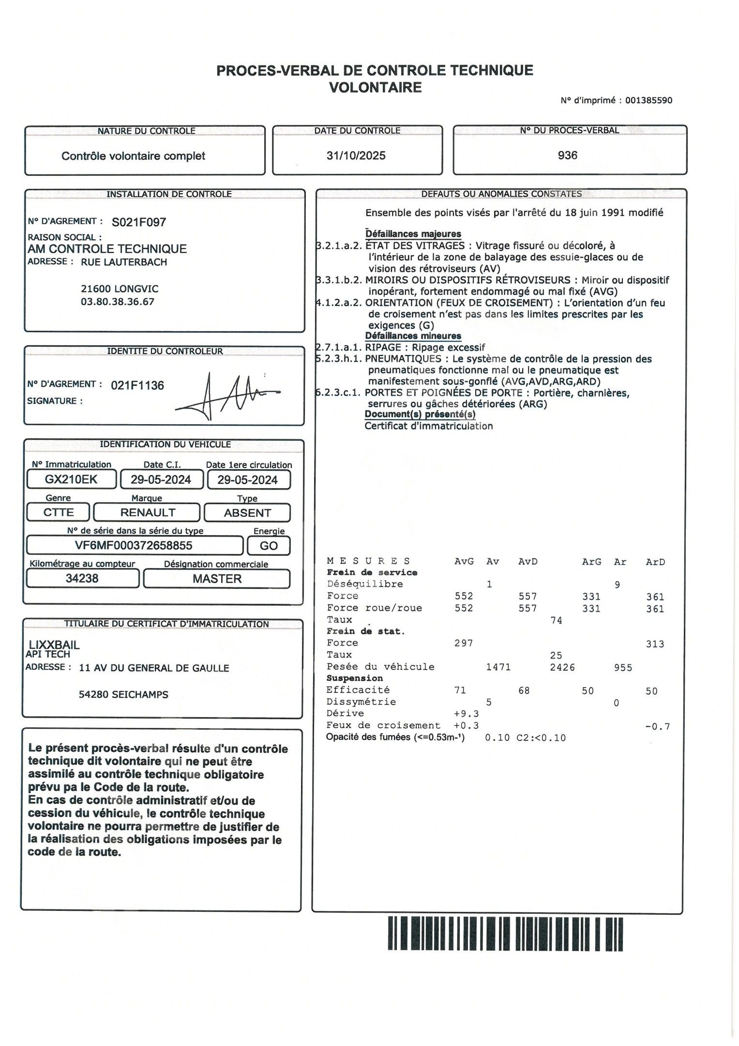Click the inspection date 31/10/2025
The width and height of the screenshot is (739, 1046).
[x=356, y=155]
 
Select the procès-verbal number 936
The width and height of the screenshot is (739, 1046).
[x=567, y=155]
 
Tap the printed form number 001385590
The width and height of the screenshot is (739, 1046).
[x=649, y=101]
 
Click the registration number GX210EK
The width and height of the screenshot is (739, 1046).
[x=71, y=479]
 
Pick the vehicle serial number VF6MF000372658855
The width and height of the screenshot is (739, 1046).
[x=134, y=545]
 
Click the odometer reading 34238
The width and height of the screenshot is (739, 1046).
[x=82, y=578]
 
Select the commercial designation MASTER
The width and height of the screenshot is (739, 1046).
[x=217, y=579]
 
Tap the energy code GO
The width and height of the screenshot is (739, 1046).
[x=269, y=546]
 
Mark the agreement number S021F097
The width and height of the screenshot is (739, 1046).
[x=139, y=222]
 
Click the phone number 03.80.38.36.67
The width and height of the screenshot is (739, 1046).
[x=118, y=302]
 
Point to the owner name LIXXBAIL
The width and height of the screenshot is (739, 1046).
[x=54, y=645]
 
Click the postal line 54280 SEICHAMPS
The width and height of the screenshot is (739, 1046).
[x=123, y=694]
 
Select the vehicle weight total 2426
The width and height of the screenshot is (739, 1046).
[x=562, y=667]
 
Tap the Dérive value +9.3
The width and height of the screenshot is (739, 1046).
[x=466, y=713]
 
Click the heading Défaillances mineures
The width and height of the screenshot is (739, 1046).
[x=413, y=336]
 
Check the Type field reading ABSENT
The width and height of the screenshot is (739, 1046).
[x=247, y=513]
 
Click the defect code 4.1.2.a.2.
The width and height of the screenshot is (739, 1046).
[x=339, y=303]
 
